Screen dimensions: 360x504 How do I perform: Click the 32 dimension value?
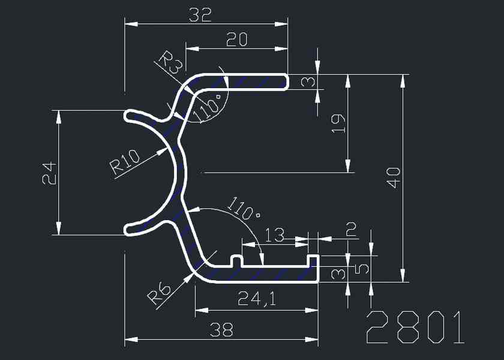[200, 15]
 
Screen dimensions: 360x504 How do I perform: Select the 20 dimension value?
[238, 40]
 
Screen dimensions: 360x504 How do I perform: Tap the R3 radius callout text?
[169, 63]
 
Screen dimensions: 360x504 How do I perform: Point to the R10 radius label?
[125, 162]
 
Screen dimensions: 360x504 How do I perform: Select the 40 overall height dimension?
[393, 178]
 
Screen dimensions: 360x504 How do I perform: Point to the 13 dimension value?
[274, 235]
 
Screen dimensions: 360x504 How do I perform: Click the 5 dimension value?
[361, 268]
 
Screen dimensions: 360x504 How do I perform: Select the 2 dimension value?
[351, 229]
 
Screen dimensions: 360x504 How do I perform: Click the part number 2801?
[415, 328]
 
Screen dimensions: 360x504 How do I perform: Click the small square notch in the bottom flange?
[238, 262]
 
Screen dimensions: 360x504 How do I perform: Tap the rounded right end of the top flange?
[286, 82]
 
